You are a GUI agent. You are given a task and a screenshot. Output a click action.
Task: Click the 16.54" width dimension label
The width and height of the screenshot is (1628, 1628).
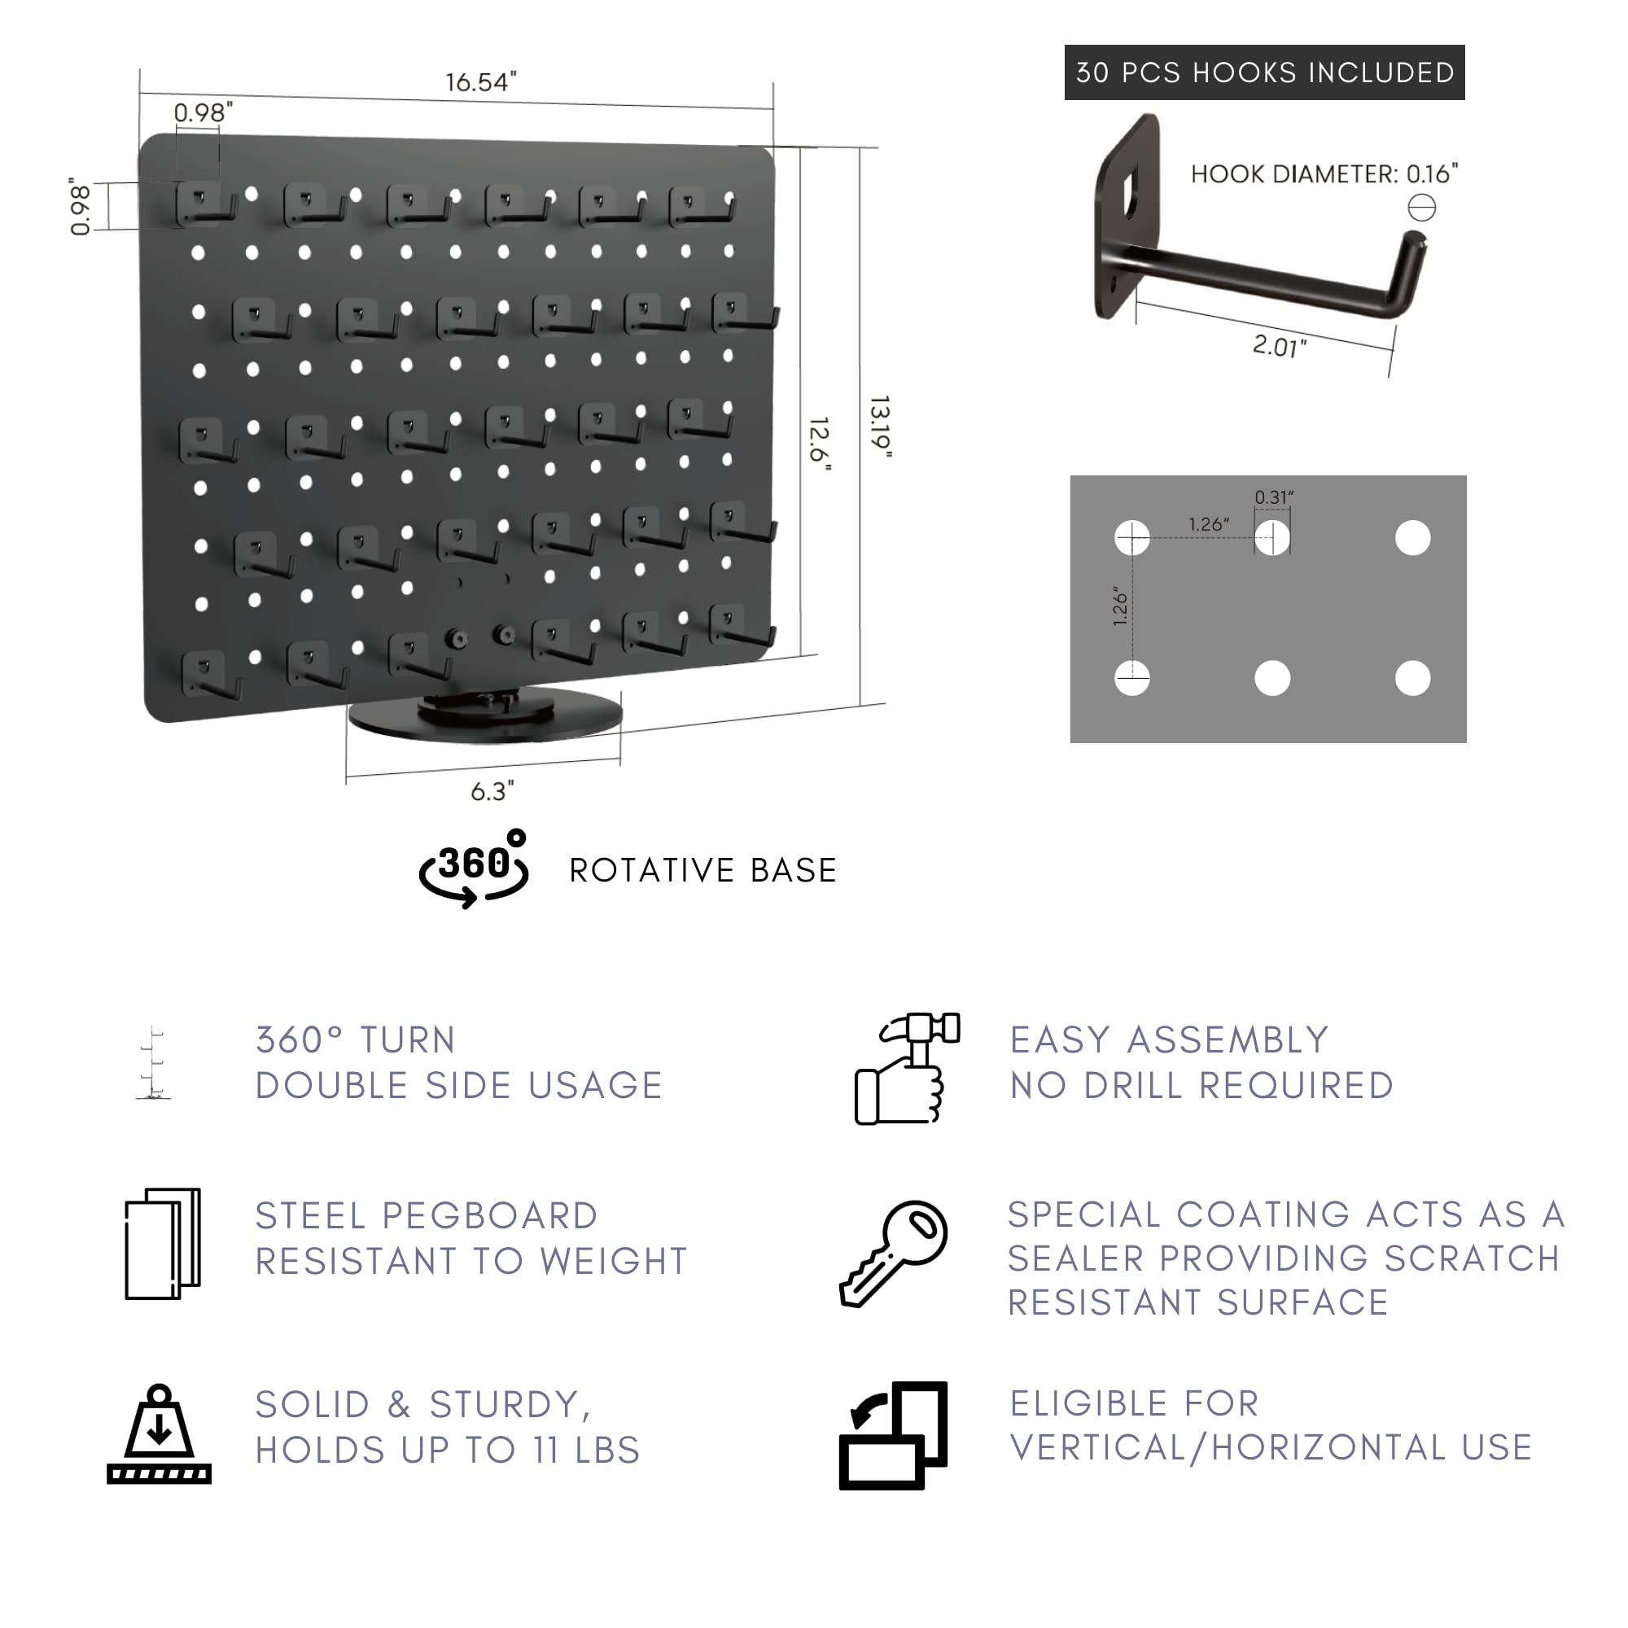tap(480, 82)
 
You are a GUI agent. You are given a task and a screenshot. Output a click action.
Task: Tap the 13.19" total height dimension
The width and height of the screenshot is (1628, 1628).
tap(880, 427)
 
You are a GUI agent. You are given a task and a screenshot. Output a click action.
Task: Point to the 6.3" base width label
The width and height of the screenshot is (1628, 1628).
tap(492, 791)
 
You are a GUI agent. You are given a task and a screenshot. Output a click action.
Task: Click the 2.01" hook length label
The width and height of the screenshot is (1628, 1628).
tap(1279, 345)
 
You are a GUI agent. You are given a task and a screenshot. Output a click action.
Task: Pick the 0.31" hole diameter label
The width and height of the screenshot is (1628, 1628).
tap(1273, 497)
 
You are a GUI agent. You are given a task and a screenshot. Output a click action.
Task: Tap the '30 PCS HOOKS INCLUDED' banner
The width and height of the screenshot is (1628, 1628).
tap(1264, 72)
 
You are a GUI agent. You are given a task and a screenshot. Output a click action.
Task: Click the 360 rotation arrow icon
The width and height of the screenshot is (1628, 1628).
tap(475, 869)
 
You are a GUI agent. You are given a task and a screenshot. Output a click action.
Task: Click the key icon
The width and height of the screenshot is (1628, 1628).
tap(895, 1253)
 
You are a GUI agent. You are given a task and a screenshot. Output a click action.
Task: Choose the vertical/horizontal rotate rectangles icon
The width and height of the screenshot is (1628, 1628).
tap(894, 1435)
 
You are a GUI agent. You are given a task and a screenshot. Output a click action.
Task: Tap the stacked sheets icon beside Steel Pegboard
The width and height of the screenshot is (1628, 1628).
tap(163, 1244)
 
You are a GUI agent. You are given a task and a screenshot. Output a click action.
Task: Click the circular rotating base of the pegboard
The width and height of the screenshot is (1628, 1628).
tap(485, 717)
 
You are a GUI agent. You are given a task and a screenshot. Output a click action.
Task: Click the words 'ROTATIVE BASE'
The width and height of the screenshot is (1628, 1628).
tap(702, 870)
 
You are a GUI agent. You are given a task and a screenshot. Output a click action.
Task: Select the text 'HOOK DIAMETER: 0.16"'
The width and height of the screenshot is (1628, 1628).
tap(1324, 174)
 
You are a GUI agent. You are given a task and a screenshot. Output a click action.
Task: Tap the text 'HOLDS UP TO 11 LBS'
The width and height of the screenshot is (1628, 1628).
tap(448, 1451)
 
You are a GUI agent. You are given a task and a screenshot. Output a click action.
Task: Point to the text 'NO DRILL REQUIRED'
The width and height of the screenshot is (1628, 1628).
tap(1201, 1085)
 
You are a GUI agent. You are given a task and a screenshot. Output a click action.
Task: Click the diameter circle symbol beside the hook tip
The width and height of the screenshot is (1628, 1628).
tap(1421, 208)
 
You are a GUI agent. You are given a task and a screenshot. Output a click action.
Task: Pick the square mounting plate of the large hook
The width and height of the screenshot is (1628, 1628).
tap(1127, 216)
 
